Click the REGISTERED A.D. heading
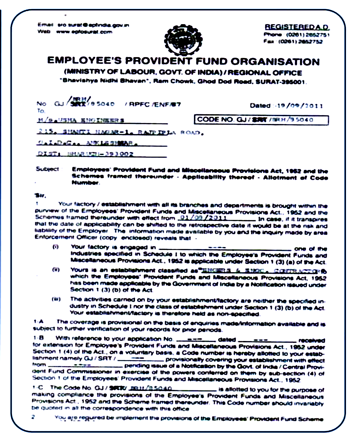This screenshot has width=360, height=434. [297, 27]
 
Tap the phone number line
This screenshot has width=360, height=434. [297, 35]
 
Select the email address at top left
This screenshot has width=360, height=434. [93, 25]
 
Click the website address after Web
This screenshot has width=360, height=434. [84, 32]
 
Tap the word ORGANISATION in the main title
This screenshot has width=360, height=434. [275, 62]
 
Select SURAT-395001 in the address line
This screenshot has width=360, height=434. [280, 82]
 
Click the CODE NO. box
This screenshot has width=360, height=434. [261, 120]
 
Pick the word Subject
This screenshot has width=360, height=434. [47, 169]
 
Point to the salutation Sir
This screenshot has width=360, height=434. [40, 196]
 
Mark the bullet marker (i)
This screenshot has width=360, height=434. [55, 247]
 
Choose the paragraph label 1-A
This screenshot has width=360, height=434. [38, 321]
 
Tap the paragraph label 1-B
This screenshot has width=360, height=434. [38, 338]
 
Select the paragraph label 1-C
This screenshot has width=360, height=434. [38, 387]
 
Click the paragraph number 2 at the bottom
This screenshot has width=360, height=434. [33, 417]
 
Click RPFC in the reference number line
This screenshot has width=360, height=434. [139, 104]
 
